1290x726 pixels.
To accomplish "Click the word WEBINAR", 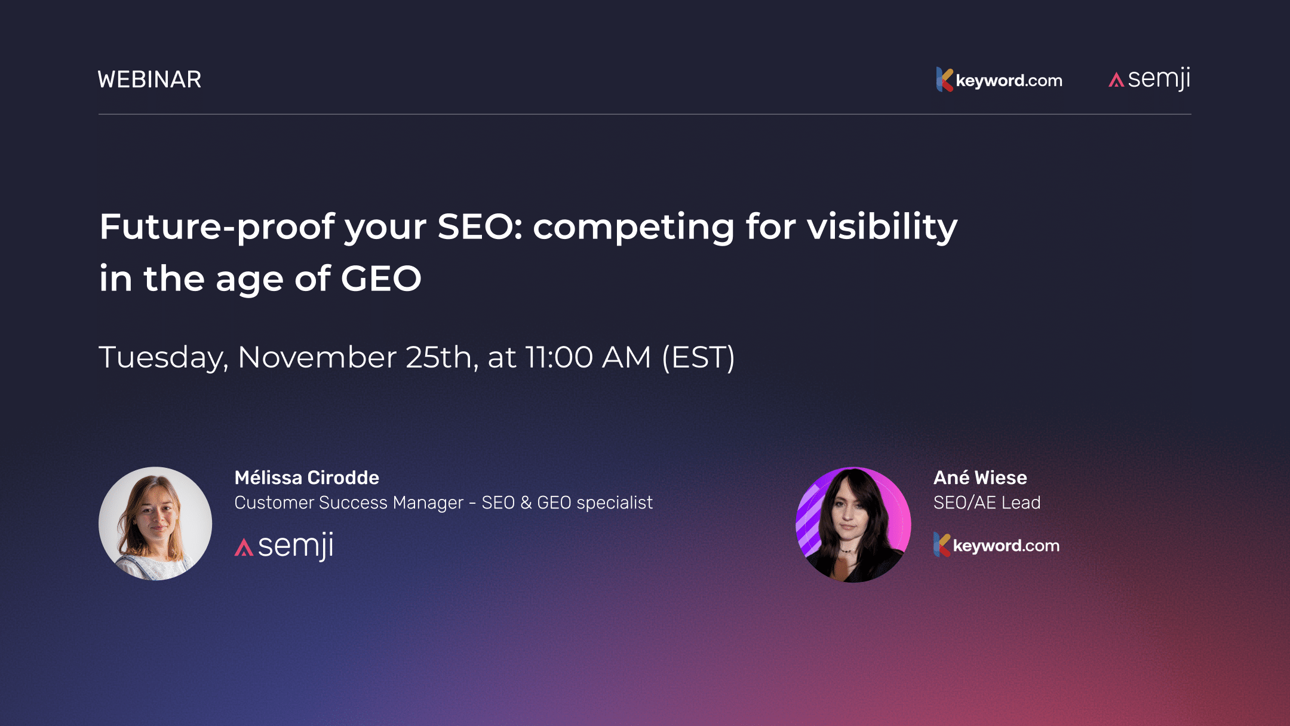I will [x=149, y=79].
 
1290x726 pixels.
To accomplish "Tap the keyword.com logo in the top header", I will [x=999, y=79].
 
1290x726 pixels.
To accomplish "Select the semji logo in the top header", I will [x=1150, y=79].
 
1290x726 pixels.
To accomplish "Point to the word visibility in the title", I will [x=882, y=227].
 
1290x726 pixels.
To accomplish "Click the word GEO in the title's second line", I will [x=381, y=279].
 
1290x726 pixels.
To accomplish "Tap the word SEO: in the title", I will [x=480, y=227].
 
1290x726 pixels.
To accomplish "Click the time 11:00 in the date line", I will [x=559, y=357].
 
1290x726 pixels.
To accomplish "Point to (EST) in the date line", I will [x=698, y=357].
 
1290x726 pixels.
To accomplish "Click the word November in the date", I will [x=317, y=357].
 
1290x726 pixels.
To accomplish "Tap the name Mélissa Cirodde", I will [x=306, y=477].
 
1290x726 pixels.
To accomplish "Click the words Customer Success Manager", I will [x=348, y=503].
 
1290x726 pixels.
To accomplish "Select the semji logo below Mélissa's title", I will [x=284, y=546].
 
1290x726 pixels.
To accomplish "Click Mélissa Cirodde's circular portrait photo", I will [x=155, y=523].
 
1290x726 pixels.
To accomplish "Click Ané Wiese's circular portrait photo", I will [x=853, y=524].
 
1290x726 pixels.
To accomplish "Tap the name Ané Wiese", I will [x=980, y=477].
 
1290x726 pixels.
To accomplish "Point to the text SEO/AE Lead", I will [x=987, y=503].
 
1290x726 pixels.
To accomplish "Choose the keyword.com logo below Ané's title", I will [x=996, y=545].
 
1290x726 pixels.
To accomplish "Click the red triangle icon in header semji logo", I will [x=1116, y=80].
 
